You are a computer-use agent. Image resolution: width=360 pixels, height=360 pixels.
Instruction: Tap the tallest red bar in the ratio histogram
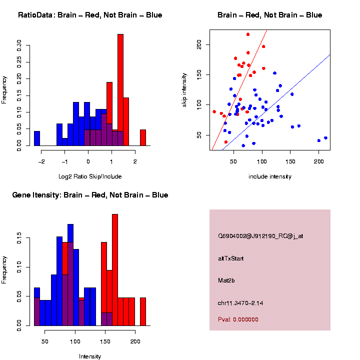[120, 90]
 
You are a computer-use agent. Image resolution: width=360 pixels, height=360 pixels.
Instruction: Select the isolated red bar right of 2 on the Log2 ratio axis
[143, 137]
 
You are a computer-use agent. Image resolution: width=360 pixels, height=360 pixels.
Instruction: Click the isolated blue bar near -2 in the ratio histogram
[37, 138]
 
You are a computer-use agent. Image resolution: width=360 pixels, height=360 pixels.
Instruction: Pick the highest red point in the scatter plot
[248, 34]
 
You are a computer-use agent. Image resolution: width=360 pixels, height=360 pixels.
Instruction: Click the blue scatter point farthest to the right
[325, 138]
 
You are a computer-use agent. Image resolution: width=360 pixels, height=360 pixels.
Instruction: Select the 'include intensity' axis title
[270, 176]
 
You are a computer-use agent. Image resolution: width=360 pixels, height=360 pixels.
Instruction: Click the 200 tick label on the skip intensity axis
[198, 45]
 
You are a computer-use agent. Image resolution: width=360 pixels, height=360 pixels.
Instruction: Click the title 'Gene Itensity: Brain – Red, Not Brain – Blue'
[90, 195]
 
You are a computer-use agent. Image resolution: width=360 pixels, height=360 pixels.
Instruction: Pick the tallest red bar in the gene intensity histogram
[115, 270]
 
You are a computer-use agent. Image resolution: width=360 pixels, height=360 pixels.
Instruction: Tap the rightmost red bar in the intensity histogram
[143, 311]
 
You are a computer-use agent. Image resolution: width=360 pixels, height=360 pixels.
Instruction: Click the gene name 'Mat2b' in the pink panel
[225, 280]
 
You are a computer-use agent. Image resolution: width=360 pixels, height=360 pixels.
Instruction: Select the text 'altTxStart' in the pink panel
[230, 258]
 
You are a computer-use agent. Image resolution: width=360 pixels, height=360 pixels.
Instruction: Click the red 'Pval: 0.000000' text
[238, 319]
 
